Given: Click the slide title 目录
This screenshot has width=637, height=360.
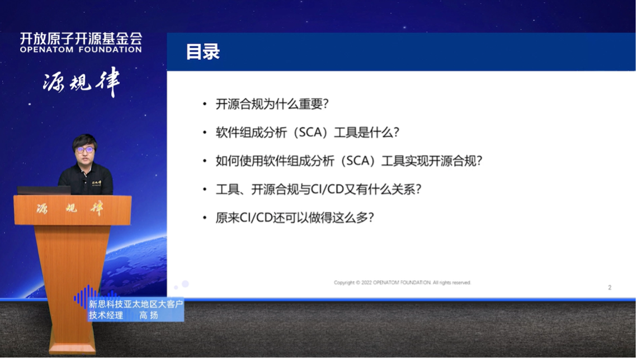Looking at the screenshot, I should click(202, 53).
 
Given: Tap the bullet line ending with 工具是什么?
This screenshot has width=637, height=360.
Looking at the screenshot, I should click(307, 133).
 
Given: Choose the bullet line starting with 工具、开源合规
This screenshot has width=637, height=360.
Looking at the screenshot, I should click(318, 190).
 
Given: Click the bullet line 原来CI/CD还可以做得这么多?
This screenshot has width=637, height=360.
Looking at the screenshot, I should click(294, 218).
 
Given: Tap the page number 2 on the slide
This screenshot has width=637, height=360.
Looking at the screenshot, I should click(610, 287).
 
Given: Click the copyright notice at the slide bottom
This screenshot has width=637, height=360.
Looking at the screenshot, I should click(402, 283).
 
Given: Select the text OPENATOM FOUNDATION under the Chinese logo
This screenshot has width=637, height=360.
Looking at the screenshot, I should click(81, 50).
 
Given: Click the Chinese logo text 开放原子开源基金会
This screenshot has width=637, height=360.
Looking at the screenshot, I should click(81, 38).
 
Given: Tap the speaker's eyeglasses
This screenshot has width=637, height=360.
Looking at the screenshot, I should click(84, 150).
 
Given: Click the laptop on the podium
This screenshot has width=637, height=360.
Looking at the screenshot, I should click(44, 190).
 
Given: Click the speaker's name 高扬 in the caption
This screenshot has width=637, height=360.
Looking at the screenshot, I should click(148, 315).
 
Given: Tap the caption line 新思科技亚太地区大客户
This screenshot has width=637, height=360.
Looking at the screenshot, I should click(136, 304).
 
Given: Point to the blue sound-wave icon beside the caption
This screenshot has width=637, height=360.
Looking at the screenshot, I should click(85, 297).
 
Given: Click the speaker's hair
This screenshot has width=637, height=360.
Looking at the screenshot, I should click(85, 140).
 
